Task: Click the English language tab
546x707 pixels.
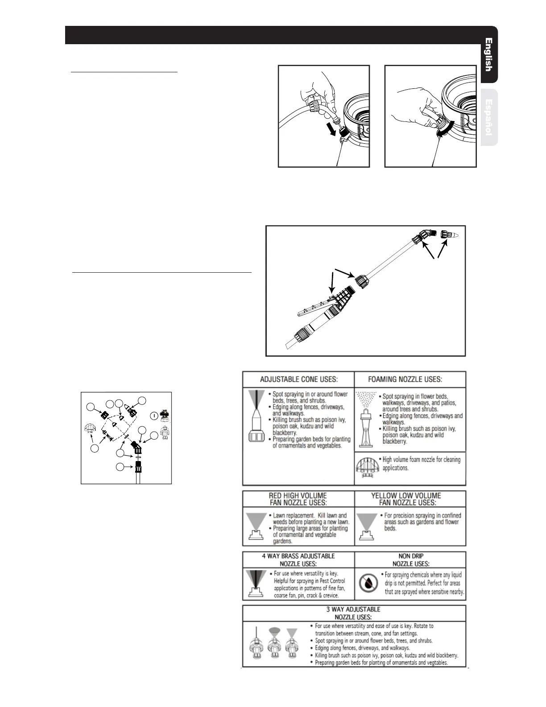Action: pyautogui.click(x=489, y=55)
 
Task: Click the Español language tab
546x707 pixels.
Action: pyautogui.click(x=489, y=117)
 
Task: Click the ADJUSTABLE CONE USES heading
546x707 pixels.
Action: pyautogui.click(x=298, y=379)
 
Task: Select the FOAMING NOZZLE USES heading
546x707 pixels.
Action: pyautogui.click(x=405, y=379)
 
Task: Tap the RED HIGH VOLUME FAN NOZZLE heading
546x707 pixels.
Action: pyautogui.click(x=298, y=499)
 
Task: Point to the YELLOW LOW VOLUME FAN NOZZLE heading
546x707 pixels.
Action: pyautogui.click(x=406, y=499)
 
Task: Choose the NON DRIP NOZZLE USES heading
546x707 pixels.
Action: pyautogui.click(x=410, y=560)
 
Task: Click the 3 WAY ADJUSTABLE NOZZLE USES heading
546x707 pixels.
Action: pyautogui.click(x=353, y=612)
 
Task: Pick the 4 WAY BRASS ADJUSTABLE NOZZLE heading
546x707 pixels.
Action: pyautogui.click(x=298, y=560)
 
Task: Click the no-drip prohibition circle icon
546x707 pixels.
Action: pyautogui.click(x=368, y=583)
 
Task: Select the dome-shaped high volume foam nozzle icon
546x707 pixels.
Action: pyautogui.click(x=367, y=467)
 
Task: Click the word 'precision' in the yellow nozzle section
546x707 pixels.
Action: pyautogui.click(x=405, y=515)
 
